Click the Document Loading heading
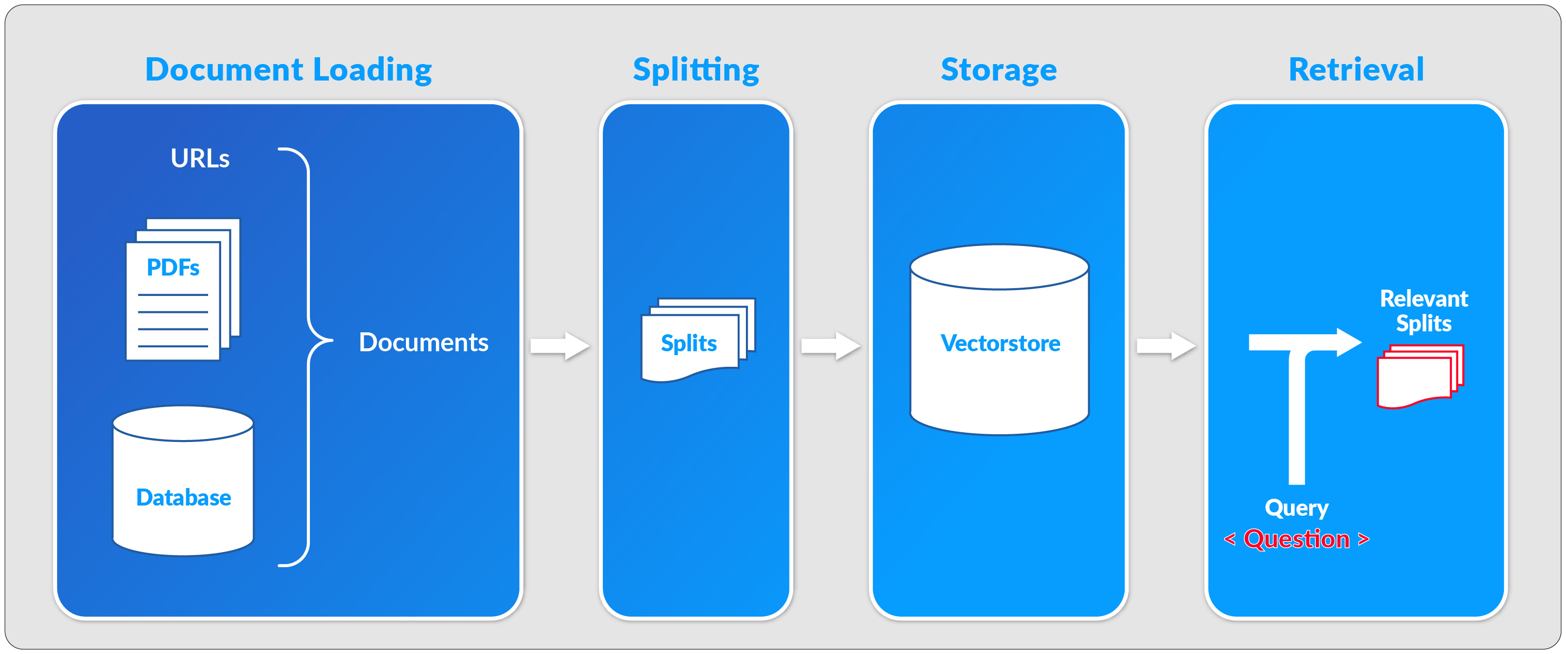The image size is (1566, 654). tap(288, 69)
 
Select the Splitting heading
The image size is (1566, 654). tap(695, 69)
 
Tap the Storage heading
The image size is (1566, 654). tap(998, 69)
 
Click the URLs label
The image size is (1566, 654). tap(200, 159)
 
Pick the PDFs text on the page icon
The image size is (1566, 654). tap(173, 268)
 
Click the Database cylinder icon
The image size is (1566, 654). tap(183, 481)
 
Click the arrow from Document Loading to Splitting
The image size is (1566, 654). tap(559, 346)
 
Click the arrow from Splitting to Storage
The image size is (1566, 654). tap(830, 346)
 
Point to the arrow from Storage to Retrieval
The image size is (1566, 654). tap(1165, 346)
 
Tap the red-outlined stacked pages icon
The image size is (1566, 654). tap(1420, 376)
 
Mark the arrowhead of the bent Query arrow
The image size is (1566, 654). tap(1348, 343)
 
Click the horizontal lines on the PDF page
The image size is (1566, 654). tap(173, 321)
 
